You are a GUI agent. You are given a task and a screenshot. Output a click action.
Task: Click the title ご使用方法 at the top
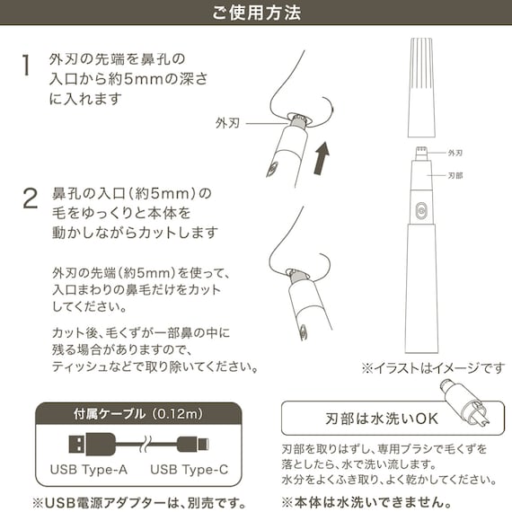256,13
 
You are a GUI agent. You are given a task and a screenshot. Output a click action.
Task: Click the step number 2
30,199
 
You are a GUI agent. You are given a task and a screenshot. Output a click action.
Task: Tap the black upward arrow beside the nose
322,158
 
